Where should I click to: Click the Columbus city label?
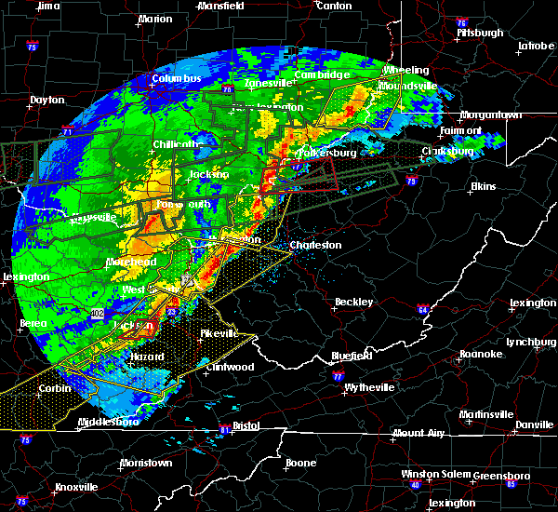pos(177,78)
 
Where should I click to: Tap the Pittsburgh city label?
pos(479,33)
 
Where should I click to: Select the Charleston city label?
pos(316,246)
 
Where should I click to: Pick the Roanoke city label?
pos(480,354)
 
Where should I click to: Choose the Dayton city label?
pos(46,100)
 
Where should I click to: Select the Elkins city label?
pos(483,186)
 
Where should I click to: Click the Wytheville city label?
pos(368,387)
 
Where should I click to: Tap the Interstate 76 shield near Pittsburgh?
pos(462,21)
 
